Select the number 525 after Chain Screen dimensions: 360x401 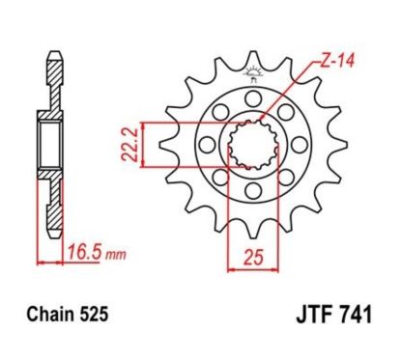pyautogui.click(x=95, y=315)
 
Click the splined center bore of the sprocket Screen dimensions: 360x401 pyautogui.click(x=254, y=147)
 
